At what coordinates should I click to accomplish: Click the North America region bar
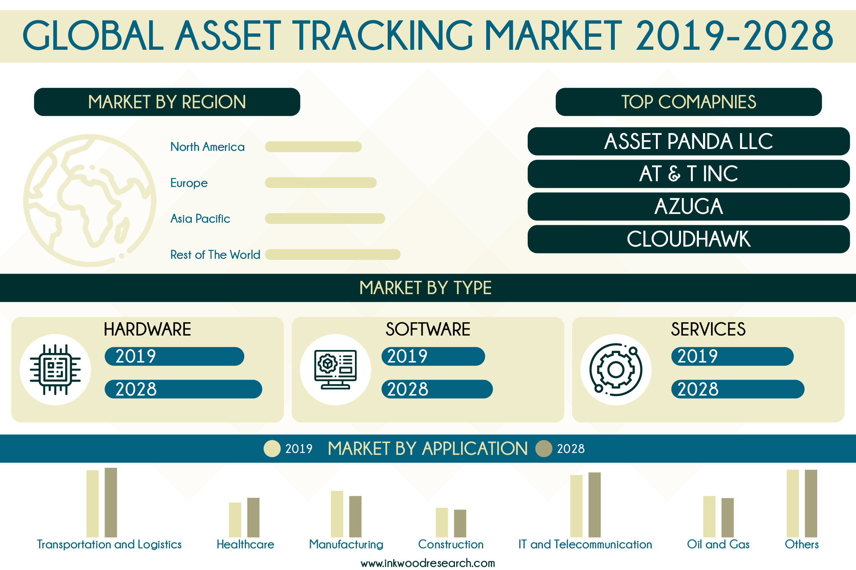[313, 147]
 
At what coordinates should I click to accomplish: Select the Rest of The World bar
[333, 255]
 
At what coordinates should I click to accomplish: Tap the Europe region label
[189, 183]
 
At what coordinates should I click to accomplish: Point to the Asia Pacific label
[200, 219]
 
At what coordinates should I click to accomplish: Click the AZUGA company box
[689, 206]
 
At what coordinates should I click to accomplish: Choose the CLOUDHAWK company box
[689, 239]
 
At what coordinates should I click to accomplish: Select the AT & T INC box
[689, 174]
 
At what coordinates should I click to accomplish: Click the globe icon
[90, 200]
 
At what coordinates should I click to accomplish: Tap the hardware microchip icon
[55, 369]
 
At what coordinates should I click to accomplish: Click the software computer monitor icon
[336, 369]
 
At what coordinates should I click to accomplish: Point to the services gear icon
[616, 369]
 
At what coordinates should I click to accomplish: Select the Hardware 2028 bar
[183, 389]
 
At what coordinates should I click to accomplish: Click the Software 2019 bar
[433, 356]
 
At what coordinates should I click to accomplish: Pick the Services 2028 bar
[738, 389]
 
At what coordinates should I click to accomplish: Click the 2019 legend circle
[272, 448]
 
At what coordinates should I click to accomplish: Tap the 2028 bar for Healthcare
[253, 518]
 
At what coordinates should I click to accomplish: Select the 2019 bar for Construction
[442, 522]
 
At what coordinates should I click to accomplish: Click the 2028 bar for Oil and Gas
[727, 518]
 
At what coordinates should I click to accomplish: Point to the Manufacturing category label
[346, 545]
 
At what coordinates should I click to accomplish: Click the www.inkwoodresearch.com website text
[428, 563]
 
